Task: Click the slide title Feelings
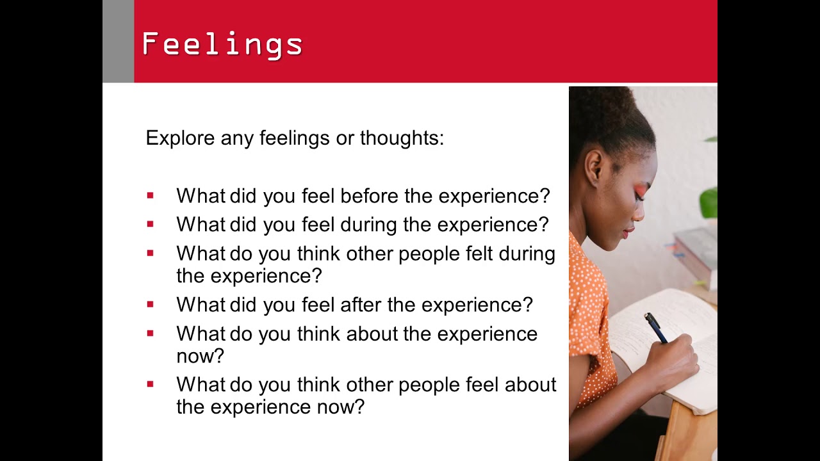(x=222, y=45)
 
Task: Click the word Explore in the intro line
(x=180, y=138)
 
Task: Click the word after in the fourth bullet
(x=361, y=305)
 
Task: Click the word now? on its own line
(x=200, y=356)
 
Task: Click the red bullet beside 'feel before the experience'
(x=150, y=196)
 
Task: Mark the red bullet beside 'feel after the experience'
(x=150, y=305)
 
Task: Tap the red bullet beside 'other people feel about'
(x=150, y=385)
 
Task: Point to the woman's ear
(x=594, y=167)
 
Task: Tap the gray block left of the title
(x=118, y=41)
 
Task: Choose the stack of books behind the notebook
(x=697, y=253)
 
